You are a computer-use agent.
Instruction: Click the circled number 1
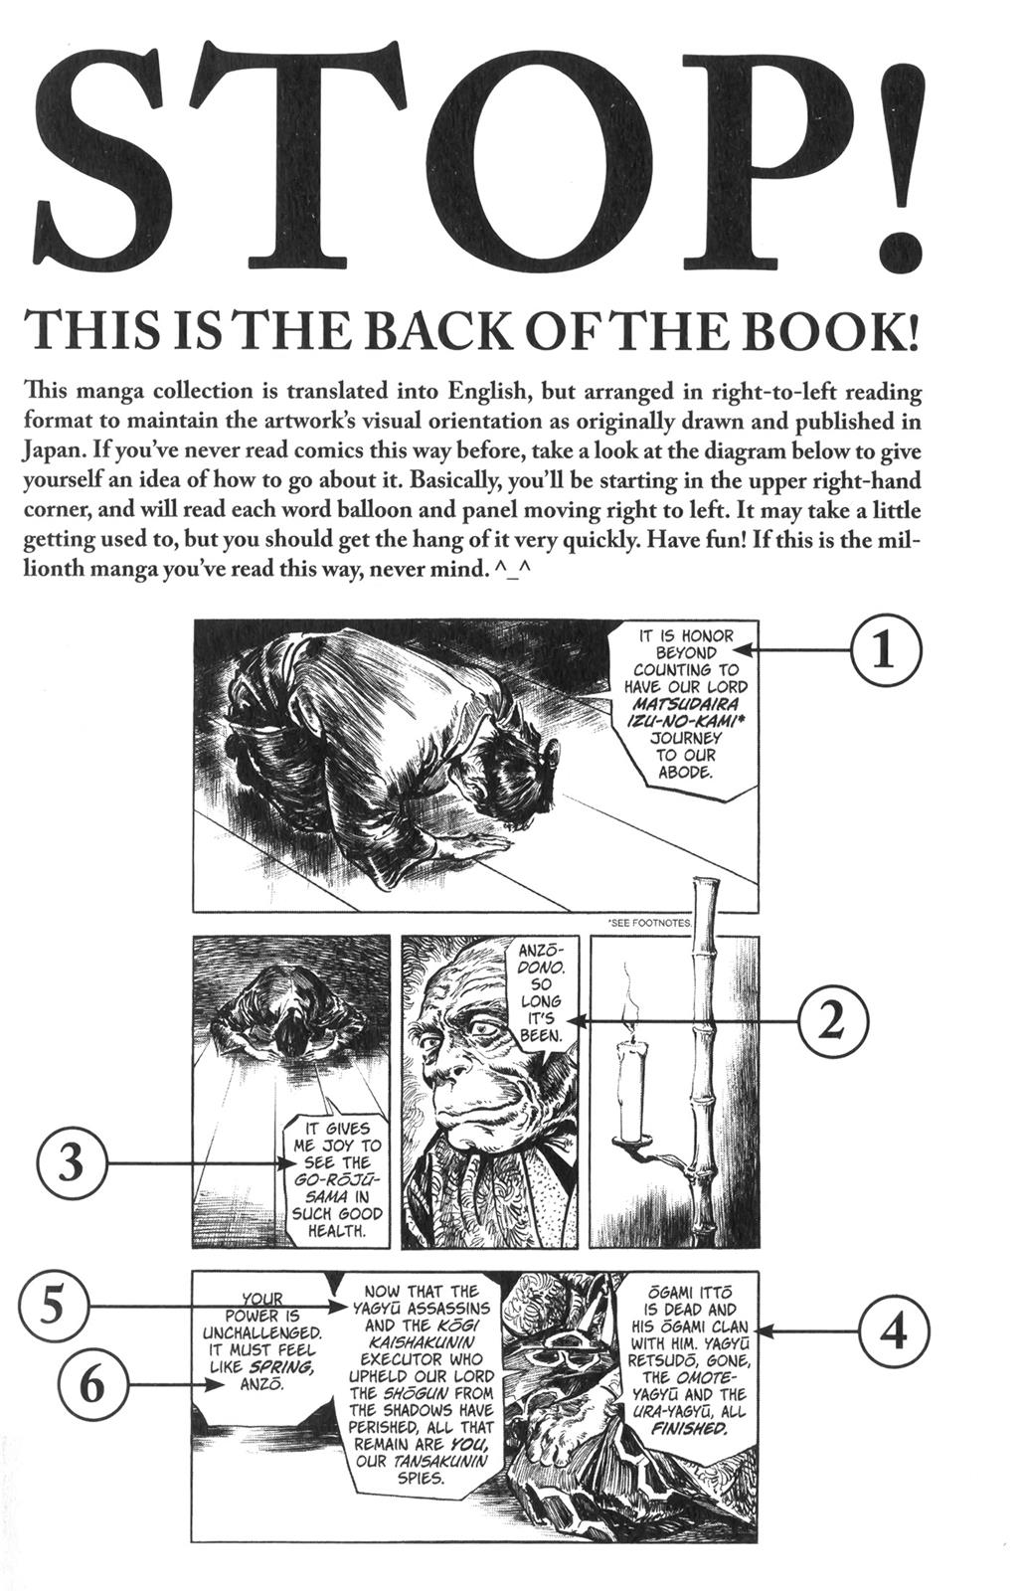click(x=885, y=650)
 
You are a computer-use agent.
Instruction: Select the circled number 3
click(x=70, y=1162)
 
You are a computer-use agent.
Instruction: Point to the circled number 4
click(x=894, y=1331)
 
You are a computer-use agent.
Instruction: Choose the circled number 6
click(x=91, y=1384)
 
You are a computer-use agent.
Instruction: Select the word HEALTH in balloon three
click(x=332, y=1230)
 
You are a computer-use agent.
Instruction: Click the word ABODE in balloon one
click(x=686, y=772)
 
